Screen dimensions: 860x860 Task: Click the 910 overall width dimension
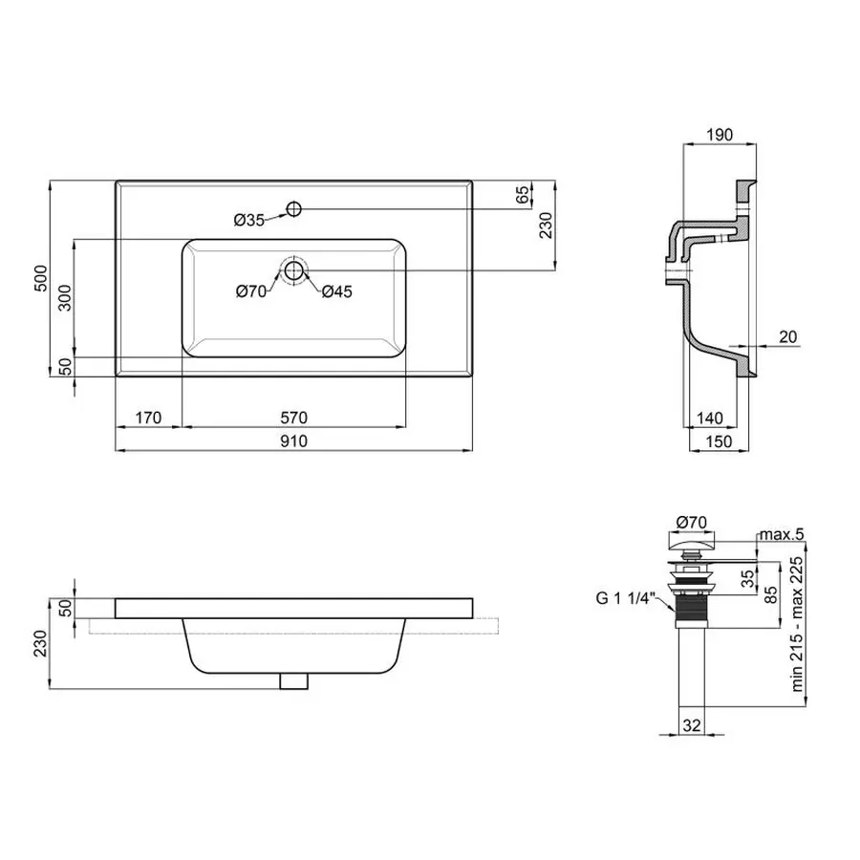[293, 441]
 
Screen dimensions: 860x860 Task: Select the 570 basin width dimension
[293, 417]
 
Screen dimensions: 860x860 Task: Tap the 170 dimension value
[148, 417]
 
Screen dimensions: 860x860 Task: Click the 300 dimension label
[64, 299]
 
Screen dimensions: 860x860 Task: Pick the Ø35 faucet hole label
[248, 220]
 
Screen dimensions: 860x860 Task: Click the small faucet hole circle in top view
[294, 207]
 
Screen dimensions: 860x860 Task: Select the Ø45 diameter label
[337, 291]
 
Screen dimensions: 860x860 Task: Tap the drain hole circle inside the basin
[294, 270]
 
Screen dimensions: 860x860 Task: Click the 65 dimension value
[522, 195]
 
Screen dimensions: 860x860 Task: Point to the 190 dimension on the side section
[720, 135]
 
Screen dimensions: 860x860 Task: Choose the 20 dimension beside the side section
[787, 336]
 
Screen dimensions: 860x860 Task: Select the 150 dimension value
[721, 441]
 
